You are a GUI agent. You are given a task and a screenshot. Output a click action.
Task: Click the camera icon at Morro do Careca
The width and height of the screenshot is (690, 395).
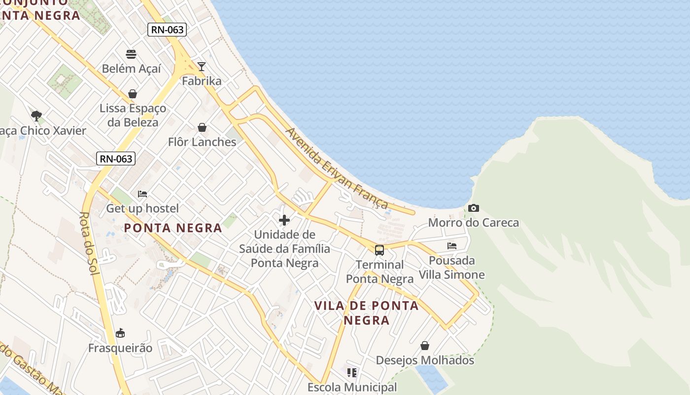474,208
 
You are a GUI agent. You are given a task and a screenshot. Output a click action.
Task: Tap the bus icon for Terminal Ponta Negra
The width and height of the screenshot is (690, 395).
379,250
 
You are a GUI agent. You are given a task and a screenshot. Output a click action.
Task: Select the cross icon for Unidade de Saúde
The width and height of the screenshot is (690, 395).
284,220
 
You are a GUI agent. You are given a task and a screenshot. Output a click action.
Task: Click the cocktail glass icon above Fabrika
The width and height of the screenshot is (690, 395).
201,66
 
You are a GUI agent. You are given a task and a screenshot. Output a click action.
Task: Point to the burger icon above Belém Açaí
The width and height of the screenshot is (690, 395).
131,54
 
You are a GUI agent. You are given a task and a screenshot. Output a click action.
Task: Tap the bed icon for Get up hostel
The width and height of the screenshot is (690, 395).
142,194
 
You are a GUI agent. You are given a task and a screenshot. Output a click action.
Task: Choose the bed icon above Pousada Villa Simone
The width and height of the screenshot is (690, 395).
451,245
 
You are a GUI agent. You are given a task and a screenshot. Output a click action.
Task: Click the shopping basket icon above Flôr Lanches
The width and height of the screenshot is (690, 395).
202,127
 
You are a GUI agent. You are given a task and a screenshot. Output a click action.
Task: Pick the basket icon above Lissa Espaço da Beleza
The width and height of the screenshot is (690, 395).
133,93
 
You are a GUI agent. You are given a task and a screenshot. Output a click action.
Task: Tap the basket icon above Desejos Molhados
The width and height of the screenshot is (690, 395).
424,346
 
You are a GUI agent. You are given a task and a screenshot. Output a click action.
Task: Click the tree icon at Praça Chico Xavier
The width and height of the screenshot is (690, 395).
36,116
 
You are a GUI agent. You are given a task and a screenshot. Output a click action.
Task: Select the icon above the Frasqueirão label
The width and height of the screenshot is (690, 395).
120,333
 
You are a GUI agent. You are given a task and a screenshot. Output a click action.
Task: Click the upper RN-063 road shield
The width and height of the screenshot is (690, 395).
167,30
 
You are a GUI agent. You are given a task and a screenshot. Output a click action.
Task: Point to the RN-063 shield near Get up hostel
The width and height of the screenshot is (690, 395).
116,158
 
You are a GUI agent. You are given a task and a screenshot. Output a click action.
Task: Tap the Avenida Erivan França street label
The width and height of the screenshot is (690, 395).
337,168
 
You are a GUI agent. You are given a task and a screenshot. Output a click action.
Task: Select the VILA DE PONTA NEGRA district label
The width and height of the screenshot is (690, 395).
366,313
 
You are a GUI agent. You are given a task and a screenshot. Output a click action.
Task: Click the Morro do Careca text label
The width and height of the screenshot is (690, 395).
473,223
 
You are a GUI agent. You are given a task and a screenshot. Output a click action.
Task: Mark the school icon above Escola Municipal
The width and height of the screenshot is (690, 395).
351,373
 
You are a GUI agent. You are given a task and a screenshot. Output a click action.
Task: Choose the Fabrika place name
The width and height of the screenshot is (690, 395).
202,81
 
